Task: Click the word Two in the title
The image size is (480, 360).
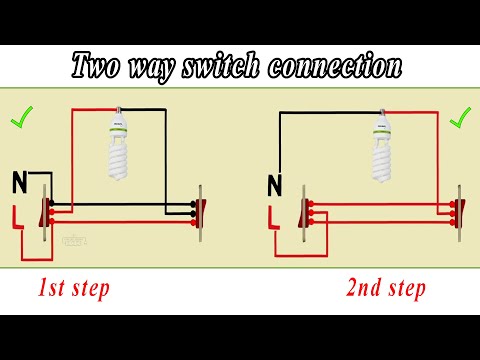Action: pos(98,68)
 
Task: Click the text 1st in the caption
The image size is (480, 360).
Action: pos(53,289)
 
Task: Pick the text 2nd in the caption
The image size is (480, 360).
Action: pos(366,289)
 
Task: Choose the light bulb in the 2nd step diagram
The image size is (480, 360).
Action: pos(381,148)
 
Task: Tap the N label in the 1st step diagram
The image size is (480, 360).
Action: pos(19,181)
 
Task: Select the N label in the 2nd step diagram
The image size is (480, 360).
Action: pos(274,184)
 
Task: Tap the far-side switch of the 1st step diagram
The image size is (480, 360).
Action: pos(201,209)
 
